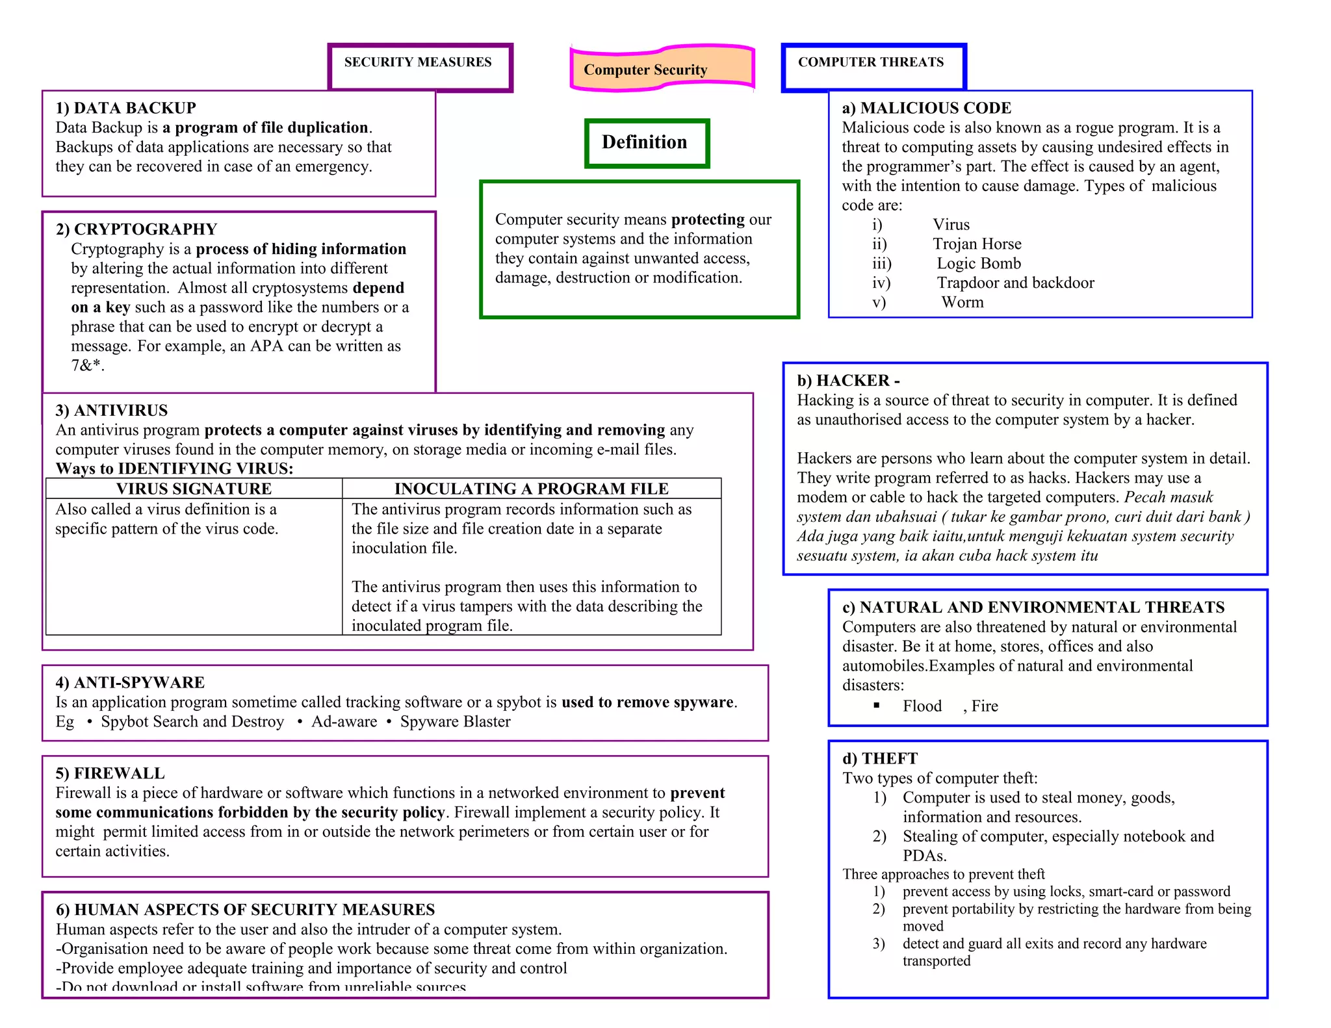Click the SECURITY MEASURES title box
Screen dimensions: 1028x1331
click(420, 67)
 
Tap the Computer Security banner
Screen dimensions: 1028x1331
click(661, 69)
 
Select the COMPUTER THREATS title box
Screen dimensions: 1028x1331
click(873, 67)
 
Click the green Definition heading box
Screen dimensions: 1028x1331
click(646, 143)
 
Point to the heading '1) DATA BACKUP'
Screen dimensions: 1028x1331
click(125, 108)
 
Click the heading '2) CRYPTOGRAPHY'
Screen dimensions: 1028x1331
click(136, 229)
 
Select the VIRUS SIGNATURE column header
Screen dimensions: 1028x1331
click(194, 489)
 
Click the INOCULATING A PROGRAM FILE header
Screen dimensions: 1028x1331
click(531, 489)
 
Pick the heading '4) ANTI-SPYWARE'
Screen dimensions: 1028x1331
click(130, 682)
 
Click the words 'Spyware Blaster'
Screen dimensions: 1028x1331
click(455, 721)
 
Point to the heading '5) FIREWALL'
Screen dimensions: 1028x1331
click(110, 773)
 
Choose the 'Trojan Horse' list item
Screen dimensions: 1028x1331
click(977, 244)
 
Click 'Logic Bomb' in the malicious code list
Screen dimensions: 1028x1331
click(979, 264)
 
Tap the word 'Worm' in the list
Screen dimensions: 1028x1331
click(963, 303)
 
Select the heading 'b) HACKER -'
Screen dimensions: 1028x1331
click(848, 381)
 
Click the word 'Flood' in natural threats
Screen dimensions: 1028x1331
click(922, 706)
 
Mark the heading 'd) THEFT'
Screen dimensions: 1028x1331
click(880, 759)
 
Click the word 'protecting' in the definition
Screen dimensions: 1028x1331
click(708, 220)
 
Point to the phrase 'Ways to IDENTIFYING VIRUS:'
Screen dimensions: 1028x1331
click(174, 469)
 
